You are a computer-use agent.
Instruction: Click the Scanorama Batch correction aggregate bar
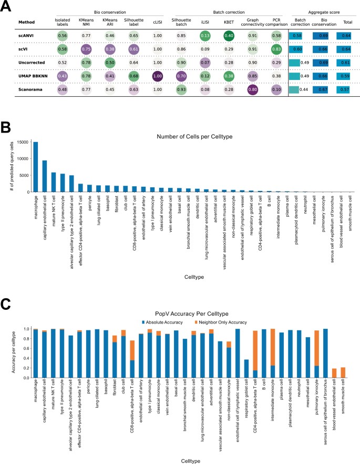click(x=297, y=89)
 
